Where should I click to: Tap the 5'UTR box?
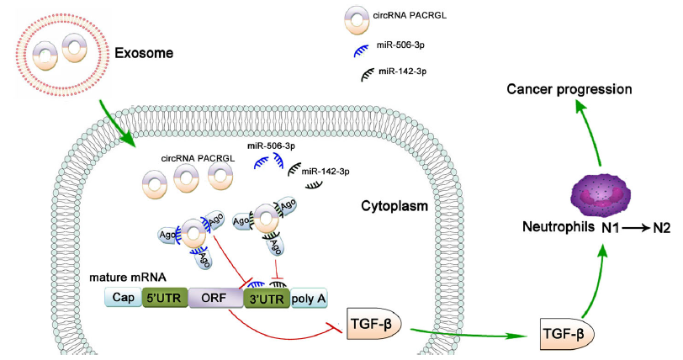point(164,298)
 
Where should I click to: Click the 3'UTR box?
point(264,298)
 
